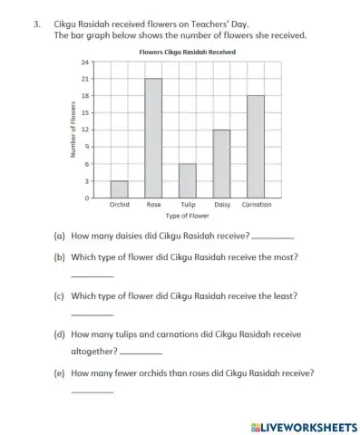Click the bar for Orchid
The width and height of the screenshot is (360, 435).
119,188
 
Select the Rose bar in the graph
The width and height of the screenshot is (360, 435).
153,138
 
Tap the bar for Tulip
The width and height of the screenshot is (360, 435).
188,180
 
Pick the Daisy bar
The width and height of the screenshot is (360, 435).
221,163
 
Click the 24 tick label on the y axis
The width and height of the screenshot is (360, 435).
85,62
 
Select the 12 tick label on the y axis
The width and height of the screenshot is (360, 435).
85,130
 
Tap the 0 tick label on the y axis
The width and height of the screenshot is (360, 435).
87,198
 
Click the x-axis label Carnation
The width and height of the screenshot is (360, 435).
257,205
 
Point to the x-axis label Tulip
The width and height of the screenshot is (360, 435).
188,205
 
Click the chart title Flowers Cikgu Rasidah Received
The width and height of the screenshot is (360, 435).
187,53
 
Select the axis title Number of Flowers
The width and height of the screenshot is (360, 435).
72,130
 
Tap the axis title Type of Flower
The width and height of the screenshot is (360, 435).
187,217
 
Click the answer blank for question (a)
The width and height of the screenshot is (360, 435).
273,237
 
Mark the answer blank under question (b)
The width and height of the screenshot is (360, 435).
92,275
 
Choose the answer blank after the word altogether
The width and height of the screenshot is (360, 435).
141,353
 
